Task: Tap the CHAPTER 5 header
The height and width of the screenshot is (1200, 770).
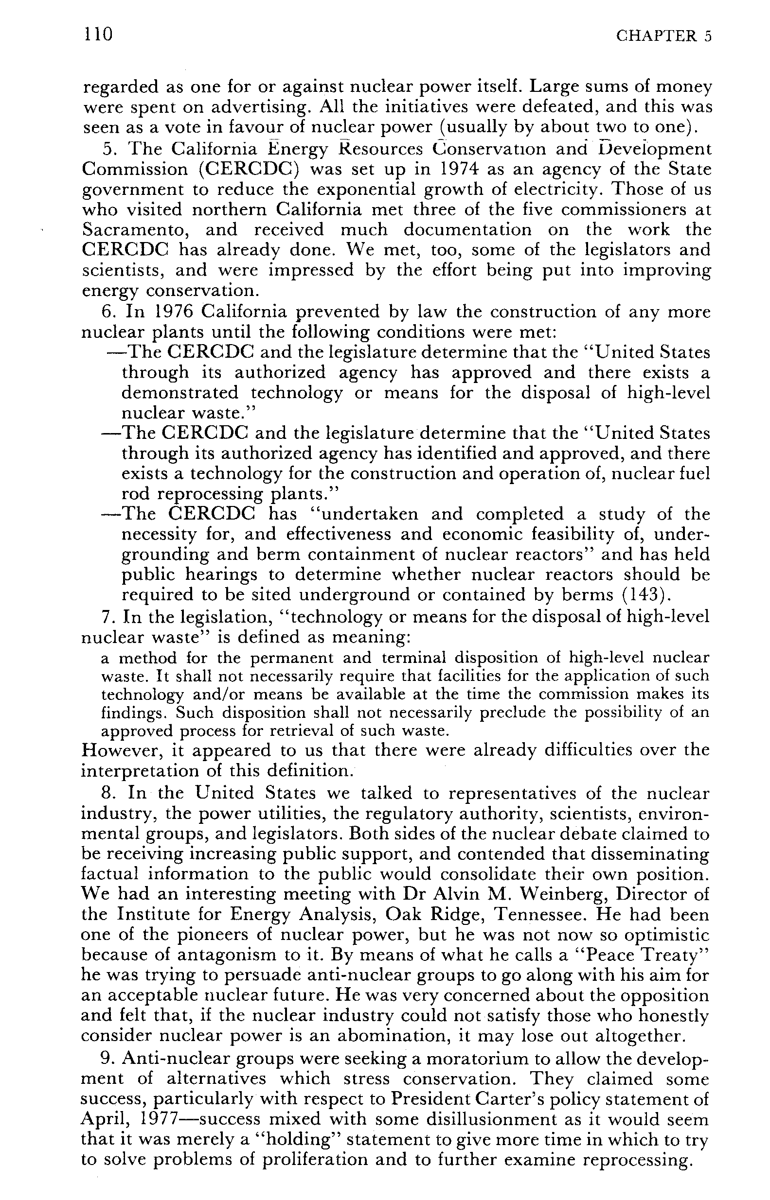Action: [x=663, y=36]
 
